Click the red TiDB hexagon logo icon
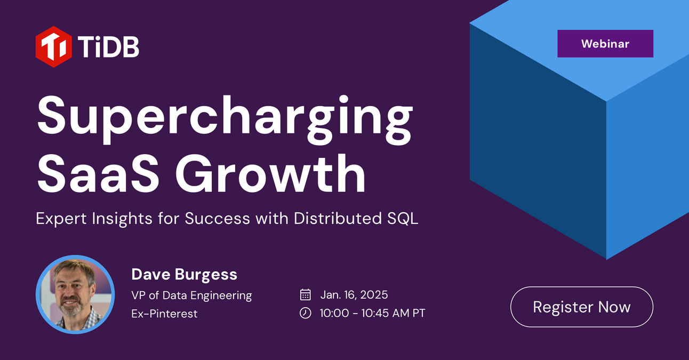tap(53, 47)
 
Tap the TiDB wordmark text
tap(109, 47)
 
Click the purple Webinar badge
tap(605, 44)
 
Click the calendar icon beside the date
tap(306, 294)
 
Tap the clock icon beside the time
tap(306, 313)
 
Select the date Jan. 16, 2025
tap(354, 294)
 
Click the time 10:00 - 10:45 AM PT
tap(372, 313)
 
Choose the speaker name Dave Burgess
tap(184, 275)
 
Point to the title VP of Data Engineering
tap(191, 295)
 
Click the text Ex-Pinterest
tap(164, 314)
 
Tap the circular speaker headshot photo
tap(75, 294)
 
